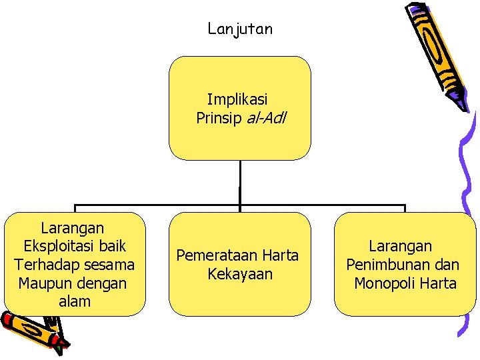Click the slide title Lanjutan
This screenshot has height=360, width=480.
point(240,29)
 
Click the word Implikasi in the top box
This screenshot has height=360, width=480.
point(237,100)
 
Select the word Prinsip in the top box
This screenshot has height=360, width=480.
point(219,119)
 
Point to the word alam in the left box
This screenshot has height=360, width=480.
point(75,301)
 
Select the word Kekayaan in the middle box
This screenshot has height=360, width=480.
point(240,274)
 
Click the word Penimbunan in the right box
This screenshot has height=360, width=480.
point(383,265)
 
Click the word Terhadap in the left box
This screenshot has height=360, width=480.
point(44,265)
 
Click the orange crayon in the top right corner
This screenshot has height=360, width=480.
point(437,53)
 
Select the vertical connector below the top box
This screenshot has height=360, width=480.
point(240,182)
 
